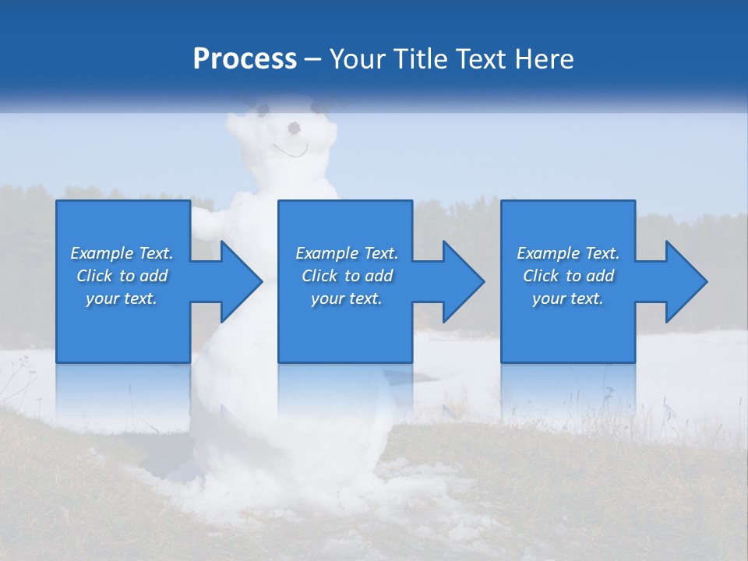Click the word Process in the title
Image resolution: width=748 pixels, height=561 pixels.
pyautogui.click(x=245, y=59)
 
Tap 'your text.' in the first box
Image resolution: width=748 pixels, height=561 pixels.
pyautogui.click(x=122, y=298)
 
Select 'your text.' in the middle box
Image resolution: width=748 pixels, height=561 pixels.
pyautogui.click(x=347, y=298)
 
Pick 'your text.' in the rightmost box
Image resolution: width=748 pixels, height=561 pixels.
pyautogui.click(x=568, y=298)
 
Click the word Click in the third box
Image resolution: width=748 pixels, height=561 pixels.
pyautogui.click(x=542, y=276)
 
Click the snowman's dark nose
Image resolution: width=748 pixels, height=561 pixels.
pyautogui.click(x=295, y=127)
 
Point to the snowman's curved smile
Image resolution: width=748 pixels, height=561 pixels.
pyautogui.click(x=290, y=150)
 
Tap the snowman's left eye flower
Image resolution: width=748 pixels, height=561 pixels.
pyautogui.click(x=261, y=106)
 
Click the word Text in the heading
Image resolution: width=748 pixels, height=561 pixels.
pyautogui.click(x=480, y=59)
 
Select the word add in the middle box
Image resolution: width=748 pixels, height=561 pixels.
pyautogui.click(x=379, y=276)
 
